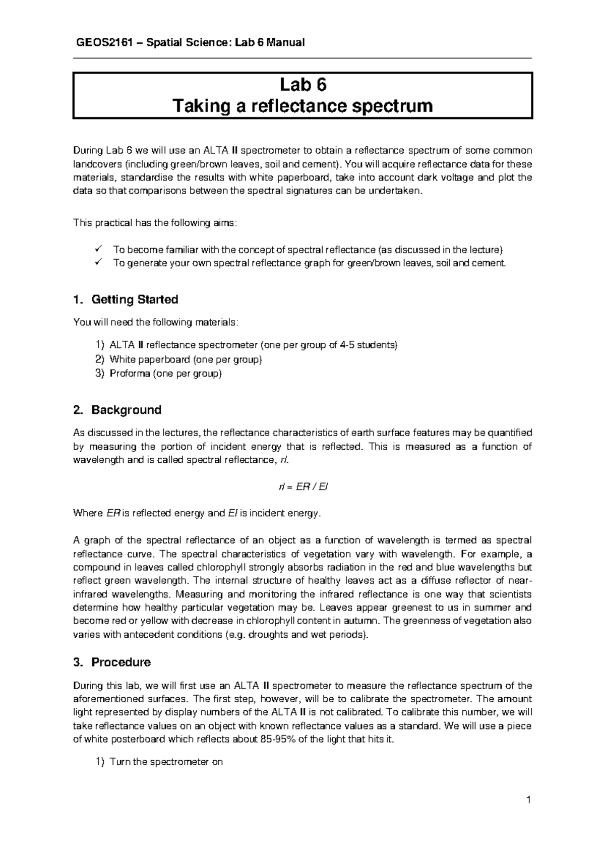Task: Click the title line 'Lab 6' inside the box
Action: click(303, 85)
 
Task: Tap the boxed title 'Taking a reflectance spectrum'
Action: click(303, 106)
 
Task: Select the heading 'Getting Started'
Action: click(135, 300)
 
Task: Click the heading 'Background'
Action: click(126, 410)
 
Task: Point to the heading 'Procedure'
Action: click(120, 662)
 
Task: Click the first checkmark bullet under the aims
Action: click(98, 249)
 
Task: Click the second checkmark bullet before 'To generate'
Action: click(98, 263)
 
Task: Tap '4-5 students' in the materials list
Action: click(370, 345)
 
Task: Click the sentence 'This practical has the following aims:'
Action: click(154, 223)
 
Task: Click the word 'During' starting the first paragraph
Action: click(88, 150)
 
